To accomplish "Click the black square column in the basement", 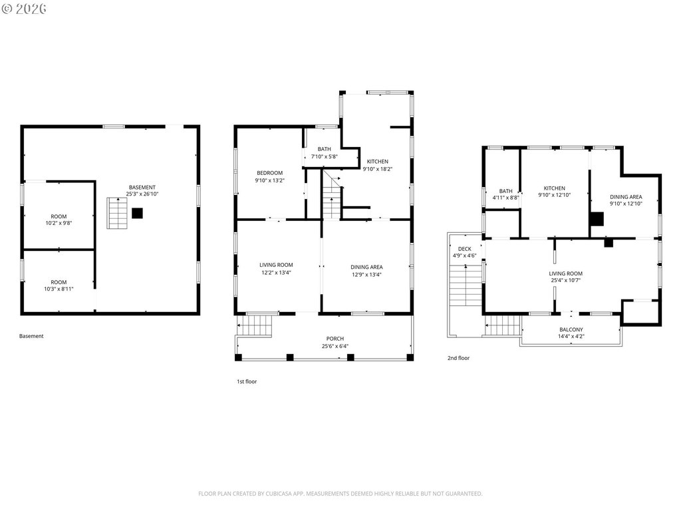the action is pos(137,214).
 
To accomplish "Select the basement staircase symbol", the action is pos(117,213).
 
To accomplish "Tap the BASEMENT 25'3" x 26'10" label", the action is pos(142,191).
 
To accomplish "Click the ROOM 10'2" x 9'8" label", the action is pos(59,220).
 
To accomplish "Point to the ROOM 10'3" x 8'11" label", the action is pos(59,285).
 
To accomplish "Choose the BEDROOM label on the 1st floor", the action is pos(270,173).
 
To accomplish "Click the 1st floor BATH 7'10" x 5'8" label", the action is pos(324,153).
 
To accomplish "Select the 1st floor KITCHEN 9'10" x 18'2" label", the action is pos(378,165).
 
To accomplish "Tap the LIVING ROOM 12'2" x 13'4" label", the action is pos(276,269).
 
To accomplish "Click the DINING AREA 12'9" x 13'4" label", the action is pos(366,271).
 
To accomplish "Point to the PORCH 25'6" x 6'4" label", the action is pos(335,343).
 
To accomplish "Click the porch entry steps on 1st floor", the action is pos(255,325).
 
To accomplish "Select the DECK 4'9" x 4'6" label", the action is pos(465,252).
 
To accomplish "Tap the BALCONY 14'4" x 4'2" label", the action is pos(571,333).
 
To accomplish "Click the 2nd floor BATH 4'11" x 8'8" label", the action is pos(505,194).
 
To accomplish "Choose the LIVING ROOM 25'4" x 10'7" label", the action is pos(565,277).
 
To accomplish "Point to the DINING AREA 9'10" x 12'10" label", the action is pos(626,200).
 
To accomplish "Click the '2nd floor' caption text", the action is pos(459,358).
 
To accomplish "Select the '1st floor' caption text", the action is pos(247,381).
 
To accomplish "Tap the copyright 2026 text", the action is pos(24,9).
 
